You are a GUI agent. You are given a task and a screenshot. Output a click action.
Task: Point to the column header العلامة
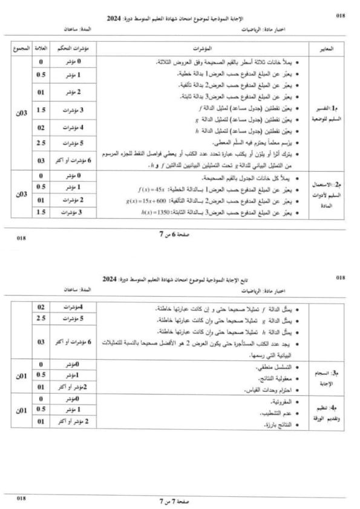[x=41, y=47]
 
